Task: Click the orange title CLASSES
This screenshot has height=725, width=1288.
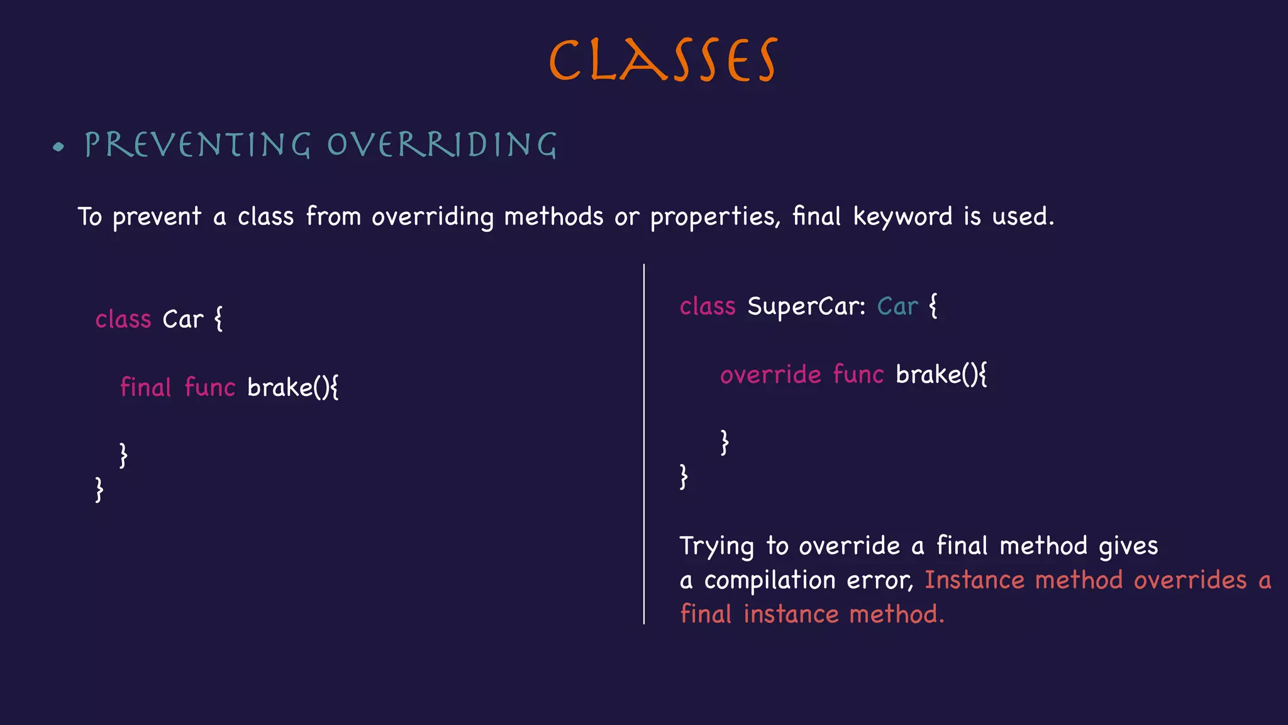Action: (x=663, y=60)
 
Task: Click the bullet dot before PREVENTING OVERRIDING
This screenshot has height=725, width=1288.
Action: (x=59, y=147)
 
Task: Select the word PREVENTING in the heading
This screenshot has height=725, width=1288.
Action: (x=197, y=145)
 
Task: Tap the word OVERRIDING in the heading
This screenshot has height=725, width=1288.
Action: (x=441, y=145)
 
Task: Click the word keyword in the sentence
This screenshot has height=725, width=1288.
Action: (x=902, y=217)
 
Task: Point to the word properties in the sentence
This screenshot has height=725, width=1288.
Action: (x=714, y=217)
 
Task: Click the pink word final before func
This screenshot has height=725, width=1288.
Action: (x=145, y=387)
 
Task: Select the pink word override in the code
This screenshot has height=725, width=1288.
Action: (x=770, y=374)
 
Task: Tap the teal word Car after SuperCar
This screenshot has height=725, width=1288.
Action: (x=897, y=306)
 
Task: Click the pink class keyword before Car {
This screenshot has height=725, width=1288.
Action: (x=123, y=320)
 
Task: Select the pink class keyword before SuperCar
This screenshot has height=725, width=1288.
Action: (x=708, y=306)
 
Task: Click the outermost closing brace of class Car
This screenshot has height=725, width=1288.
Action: (x=99, y=489)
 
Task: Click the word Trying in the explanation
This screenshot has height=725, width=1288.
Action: (x=716, y=546)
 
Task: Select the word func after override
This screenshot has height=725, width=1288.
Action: (x=858, y=374)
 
